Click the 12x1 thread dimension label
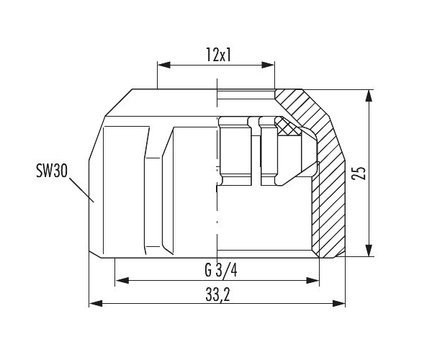218,55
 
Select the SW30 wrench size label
52,171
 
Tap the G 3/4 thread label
221,270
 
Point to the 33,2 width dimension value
217,295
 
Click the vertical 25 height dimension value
358,174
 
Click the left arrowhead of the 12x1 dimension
164,65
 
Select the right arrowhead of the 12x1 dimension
268,65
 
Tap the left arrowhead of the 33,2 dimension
96,304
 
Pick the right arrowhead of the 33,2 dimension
338,304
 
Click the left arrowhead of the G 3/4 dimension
122,281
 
